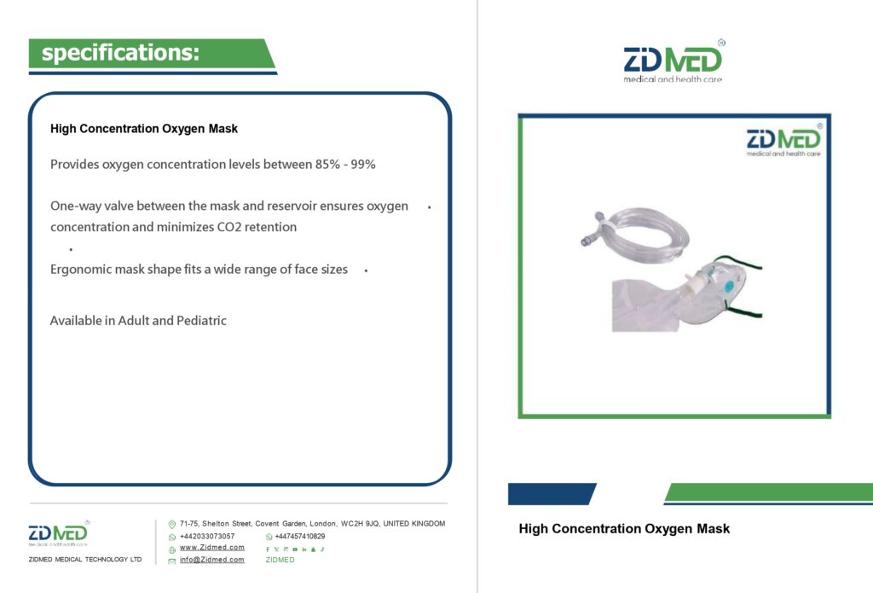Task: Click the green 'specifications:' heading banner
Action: point(152,54)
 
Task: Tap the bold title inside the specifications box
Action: point(143,129)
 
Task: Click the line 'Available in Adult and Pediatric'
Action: point(138,321)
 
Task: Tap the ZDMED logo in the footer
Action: point(59,533)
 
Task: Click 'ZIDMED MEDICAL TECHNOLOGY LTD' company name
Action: point(85,559)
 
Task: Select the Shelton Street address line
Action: point(312,524)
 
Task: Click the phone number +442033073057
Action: point(207,536)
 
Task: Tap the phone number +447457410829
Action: point(300,536)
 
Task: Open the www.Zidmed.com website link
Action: point(212,547)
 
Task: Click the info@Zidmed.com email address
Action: point(212,560)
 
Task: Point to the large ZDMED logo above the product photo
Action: point(674,61)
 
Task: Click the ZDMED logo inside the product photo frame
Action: point(784,140)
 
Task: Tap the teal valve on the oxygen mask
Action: point(730,287)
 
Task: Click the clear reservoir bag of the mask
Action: point(646,306)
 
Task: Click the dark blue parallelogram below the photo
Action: point(552,494)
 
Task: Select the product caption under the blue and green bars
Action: point(624,528)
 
